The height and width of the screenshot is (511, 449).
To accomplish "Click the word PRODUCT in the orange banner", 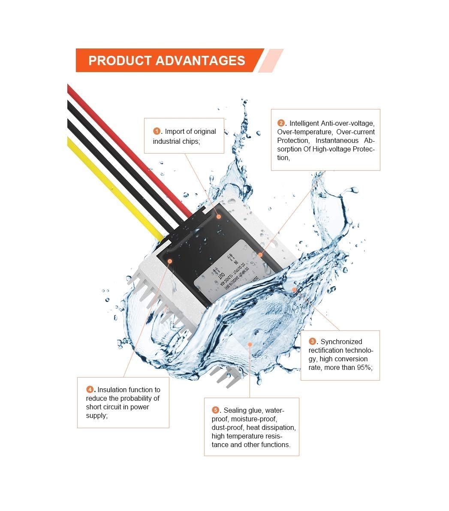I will pos(119,60).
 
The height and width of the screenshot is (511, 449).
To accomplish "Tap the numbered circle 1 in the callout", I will pos(157,131).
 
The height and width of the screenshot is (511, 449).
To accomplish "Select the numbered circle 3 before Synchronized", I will pos(313,342).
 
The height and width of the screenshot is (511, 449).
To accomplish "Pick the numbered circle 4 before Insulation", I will pos(90,390).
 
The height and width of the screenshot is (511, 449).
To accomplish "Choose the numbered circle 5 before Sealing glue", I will pos(215,410).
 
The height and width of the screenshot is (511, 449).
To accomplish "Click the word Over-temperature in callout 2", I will pos(304,132).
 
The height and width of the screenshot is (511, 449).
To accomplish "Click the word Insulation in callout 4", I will pos(112,390).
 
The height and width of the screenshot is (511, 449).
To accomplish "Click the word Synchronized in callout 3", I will pos(341,342).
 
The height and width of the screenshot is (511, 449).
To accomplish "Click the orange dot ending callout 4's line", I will pos(170,260).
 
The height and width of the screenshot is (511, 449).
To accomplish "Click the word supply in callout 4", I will pos(96,415).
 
